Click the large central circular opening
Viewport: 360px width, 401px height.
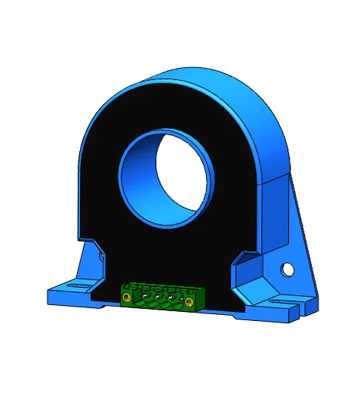pos(180,176)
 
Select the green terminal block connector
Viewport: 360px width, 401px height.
pos(158,295)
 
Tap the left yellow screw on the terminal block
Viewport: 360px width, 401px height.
pos(126,301)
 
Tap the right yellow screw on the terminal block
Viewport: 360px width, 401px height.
pos(189,303)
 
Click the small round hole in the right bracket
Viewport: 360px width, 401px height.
pos(287,269)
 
